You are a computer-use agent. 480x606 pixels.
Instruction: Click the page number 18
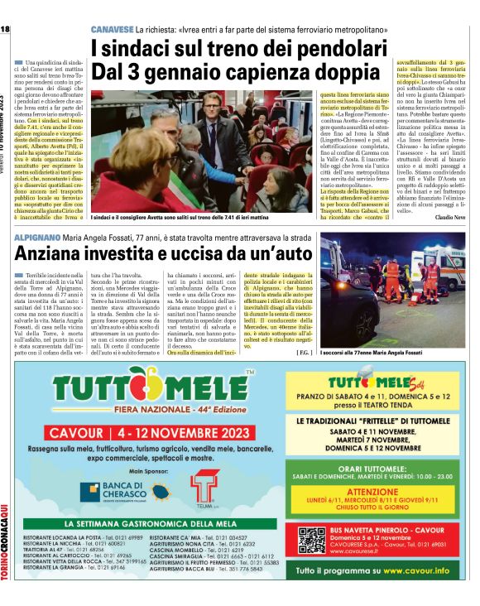[6, 29]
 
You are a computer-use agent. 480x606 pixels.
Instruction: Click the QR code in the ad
[312, 541]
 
